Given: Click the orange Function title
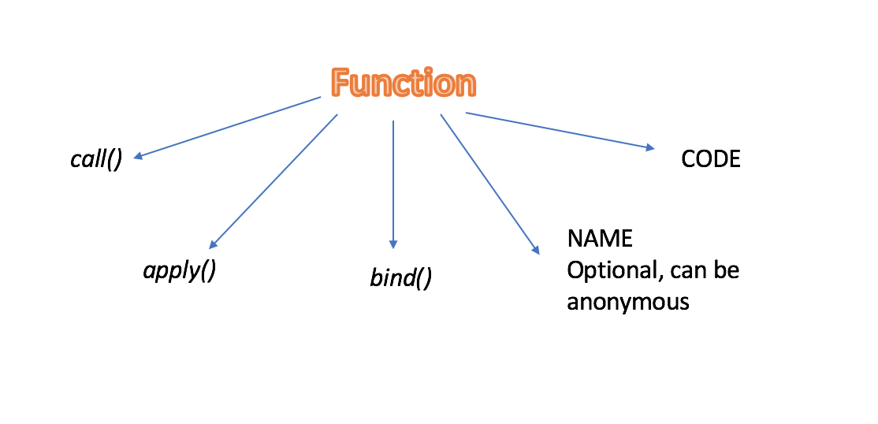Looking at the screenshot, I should point(404,83).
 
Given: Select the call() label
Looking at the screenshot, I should point(96,159).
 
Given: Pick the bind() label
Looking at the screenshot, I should point(400,278).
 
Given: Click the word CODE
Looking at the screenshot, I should point(710,159).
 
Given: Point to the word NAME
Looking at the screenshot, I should point(600,239).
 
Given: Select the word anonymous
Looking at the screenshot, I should point(628,302).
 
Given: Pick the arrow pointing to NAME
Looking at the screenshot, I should point(489,184).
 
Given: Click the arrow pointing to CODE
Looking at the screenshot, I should point(560,130).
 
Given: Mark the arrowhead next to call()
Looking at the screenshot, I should point(138,157).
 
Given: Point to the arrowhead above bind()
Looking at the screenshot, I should point(393,244).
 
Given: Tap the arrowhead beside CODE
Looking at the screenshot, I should point(650,147).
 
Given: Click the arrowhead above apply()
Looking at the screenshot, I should point(214,245).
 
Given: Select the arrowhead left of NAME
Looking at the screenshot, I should point(536,249).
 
